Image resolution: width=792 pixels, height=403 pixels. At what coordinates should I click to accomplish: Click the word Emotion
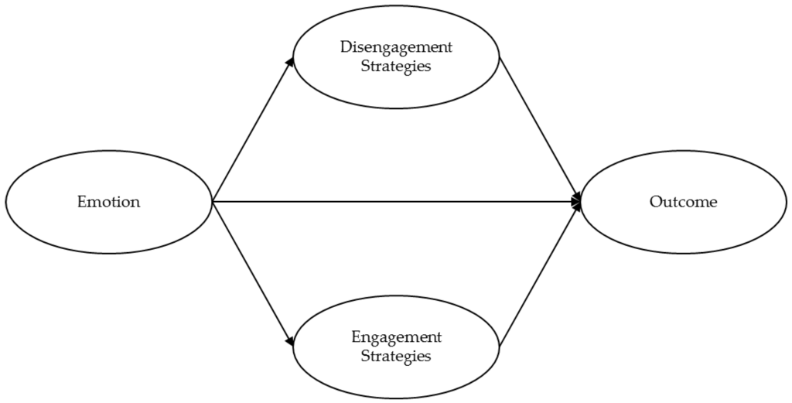[108, 203]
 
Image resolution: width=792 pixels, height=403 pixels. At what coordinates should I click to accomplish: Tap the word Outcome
[683, 203]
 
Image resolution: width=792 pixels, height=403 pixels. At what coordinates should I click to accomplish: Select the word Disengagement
[396, 47]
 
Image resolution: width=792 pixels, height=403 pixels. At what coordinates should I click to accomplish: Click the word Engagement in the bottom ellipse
[396, 337]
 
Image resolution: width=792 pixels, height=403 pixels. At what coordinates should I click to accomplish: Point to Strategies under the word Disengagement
[396, 66]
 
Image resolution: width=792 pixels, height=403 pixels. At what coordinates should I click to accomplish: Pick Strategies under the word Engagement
[396, 357]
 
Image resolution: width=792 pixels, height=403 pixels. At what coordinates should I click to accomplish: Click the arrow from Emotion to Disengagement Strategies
[251, 130]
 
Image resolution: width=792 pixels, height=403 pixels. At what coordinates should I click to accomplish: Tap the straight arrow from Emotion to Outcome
[394, 202]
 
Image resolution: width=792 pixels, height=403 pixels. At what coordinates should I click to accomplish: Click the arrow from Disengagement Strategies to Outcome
[540, 128]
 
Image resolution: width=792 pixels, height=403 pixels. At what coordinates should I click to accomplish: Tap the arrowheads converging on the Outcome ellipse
[577, 202]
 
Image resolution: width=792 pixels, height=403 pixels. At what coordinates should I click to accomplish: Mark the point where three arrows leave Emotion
[212, 202]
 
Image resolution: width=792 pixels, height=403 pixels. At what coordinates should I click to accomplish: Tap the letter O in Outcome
[655, 203]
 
